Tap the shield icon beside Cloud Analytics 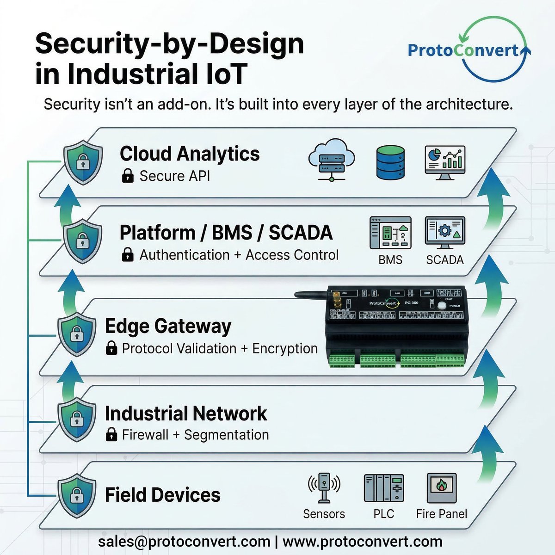coord(82,163)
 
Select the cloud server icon coord(331,162)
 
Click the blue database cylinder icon coord(390,163)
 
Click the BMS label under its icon coord(390,260)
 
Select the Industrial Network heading coord(186,413)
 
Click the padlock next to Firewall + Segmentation coord(111,435)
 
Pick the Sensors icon coord(324,487)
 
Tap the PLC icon coord(384,488)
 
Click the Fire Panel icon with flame coord(441,487)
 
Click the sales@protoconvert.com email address coord(184,541)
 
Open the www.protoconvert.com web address coord(362,541)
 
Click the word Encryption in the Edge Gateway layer coord(285,348)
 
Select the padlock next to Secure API coord(128,176)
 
